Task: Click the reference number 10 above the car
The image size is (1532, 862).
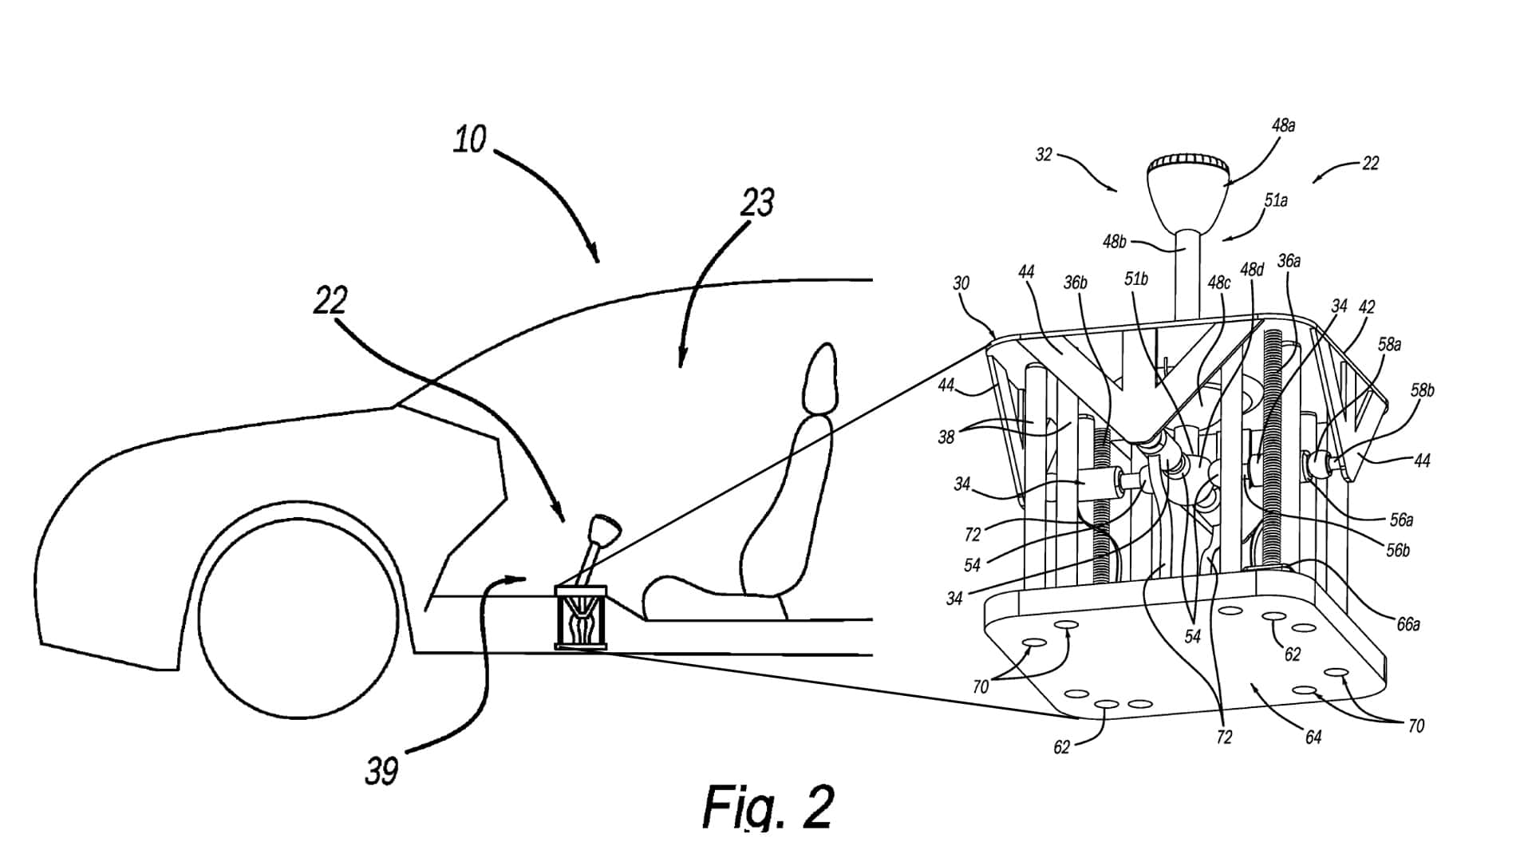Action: (469, 140)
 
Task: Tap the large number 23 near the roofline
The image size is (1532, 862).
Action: (756, 203)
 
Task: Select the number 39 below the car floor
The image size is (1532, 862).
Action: (381, 770)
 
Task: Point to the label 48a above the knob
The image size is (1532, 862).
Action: (1283, 125)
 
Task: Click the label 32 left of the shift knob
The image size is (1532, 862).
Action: (1044, 155)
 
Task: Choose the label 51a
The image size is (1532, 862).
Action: (1276, 200)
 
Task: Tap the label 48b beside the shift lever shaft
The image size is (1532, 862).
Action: (1115, 241)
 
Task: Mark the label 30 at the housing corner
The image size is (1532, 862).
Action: (961, 283)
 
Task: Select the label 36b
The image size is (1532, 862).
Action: (1076, 283)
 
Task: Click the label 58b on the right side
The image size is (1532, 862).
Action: (1422, 390)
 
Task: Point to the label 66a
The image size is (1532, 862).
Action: (1408, 624)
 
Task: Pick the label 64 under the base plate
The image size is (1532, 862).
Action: (1313, 737)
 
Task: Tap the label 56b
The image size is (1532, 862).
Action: (1397, 550)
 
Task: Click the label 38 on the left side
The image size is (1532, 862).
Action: (946, 437)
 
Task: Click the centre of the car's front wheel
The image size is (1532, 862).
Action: (298, 619)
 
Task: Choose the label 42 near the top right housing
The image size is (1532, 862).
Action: (1367, 306)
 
